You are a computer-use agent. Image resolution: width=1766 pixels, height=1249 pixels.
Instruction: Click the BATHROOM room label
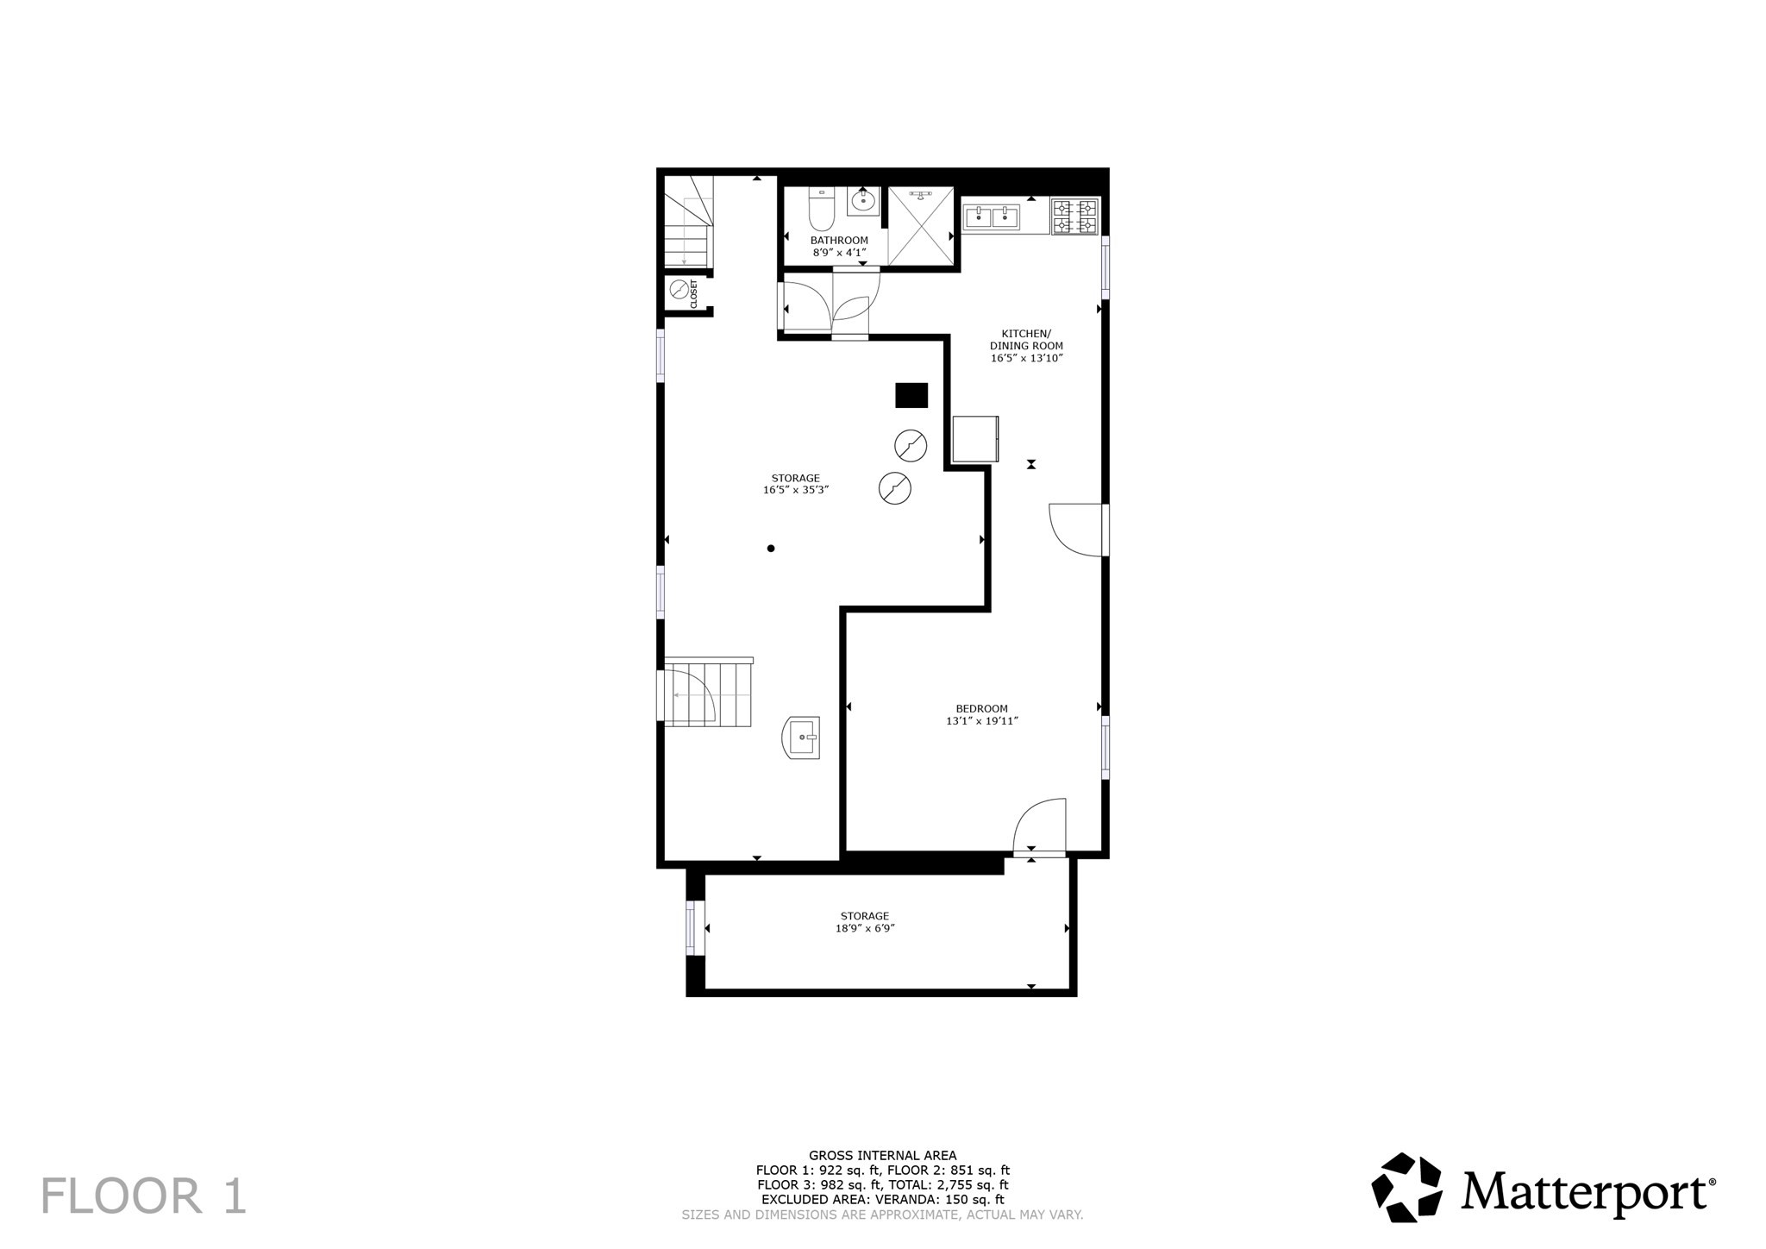coord(838,241)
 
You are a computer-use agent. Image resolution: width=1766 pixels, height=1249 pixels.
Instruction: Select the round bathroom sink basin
coord(862,203)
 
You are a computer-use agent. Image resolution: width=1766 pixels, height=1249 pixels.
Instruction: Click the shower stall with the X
coord(921,225)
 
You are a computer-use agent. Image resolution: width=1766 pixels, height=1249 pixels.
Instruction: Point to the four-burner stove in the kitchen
coord(1074,217)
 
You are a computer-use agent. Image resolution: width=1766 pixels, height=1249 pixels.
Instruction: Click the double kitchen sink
coord(992,217)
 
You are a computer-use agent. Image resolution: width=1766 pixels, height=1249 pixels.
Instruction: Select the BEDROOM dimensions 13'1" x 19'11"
coord(982,721)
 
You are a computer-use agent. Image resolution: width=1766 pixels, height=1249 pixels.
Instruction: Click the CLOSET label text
coord(693,294)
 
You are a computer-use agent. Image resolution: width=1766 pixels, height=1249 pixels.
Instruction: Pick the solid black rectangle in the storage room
coord(911,395)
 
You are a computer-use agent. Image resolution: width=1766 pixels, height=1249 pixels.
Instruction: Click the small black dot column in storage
coord(771,549)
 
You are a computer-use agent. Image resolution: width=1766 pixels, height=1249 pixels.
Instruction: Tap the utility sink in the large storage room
coord(802,737)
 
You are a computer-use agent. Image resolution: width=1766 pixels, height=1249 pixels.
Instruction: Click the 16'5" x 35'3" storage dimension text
coord(795,490)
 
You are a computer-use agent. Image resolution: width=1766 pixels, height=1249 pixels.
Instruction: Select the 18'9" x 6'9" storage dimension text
coord(865,928)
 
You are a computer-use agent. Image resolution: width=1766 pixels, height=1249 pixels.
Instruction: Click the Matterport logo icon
coord(1406,1187)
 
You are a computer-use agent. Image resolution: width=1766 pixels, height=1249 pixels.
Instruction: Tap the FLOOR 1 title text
coord(144,1196)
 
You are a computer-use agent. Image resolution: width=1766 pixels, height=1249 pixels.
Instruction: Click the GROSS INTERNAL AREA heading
coord(882,1156)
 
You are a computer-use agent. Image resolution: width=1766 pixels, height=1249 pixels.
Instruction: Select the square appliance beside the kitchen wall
coord(975,439)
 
